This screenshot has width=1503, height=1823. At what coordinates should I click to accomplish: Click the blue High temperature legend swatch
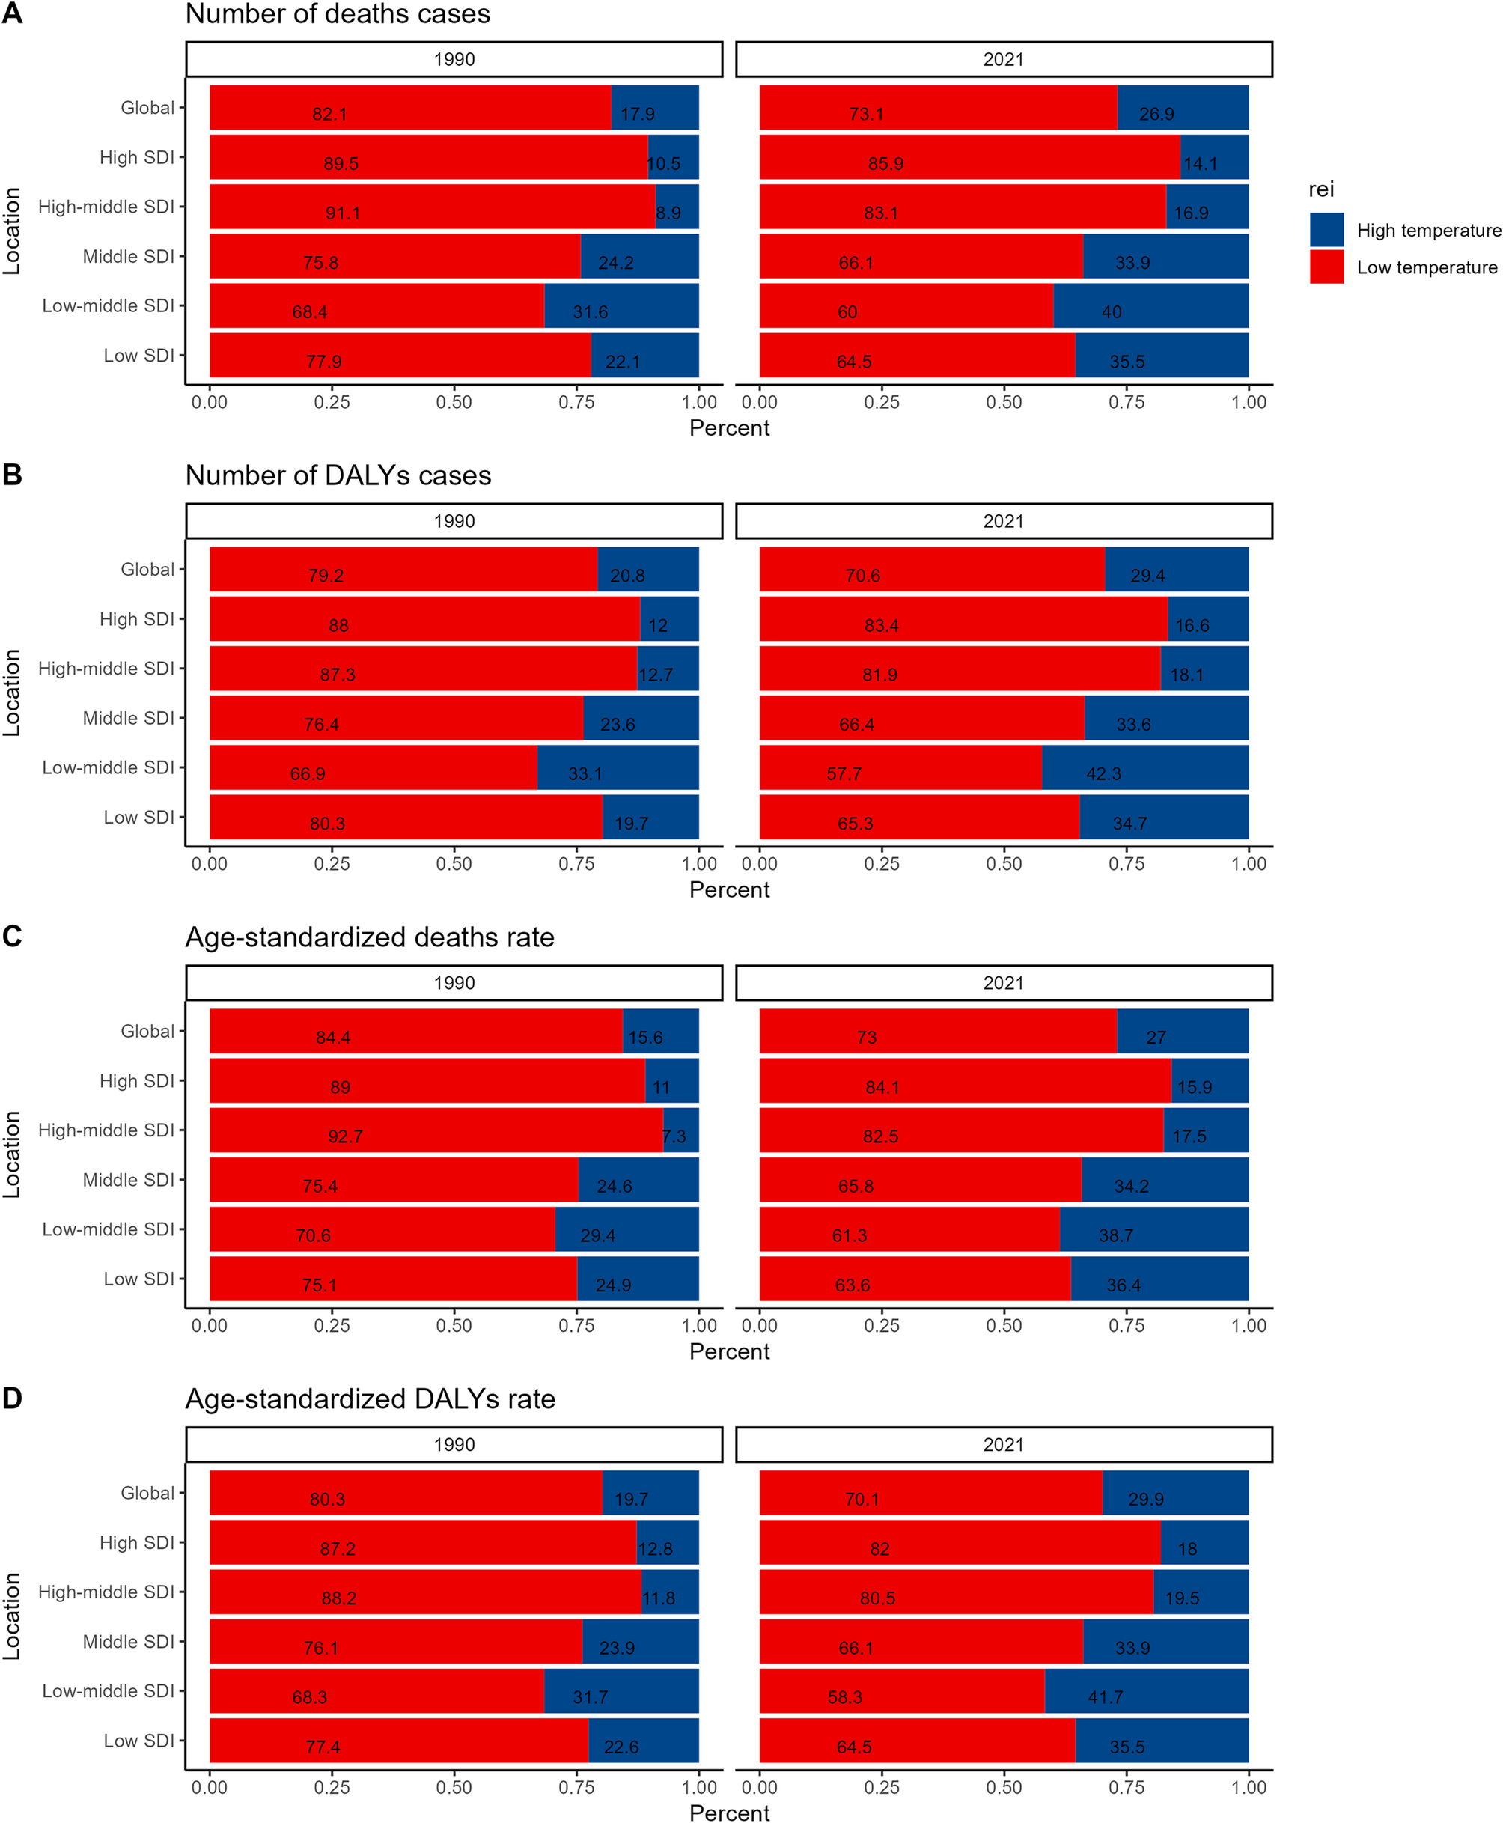[1326, 230]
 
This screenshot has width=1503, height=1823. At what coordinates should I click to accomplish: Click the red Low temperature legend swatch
[1326, 267]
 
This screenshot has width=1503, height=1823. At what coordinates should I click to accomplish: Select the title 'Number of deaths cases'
[338, 14]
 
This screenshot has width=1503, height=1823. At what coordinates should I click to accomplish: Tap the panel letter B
[12, 475]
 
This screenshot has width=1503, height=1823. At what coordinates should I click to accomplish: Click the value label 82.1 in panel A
[330, 114]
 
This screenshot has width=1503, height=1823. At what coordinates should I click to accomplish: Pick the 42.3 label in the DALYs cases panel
[1103, 773]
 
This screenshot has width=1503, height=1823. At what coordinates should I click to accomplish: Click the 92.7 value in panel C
[344, 1136]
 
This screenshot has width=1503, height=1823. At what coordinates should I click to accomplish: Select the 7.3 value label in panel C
[674, 1136]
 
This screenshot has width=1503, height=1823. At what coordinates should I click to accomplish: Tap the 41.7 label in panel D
[1105, 1696]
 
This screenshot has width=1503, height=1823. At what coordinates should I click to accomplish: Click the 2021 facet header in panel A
[1004, 59]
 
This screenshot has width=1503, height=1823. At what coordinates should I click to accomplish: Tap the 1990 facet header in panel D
[454, 1444]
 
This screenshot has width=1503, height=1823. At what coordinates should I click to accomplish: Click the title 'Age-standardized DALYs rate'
[370, 1399]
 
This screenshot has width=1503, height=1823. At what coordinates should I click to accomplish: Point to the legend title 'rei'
[1321, 189]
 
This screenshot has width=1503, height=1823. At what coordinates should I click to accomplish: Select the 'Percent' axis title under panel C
[729, 1351]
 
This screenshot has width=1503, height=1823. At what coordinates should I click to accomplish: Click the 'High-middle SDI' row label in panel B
[106, 669]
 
